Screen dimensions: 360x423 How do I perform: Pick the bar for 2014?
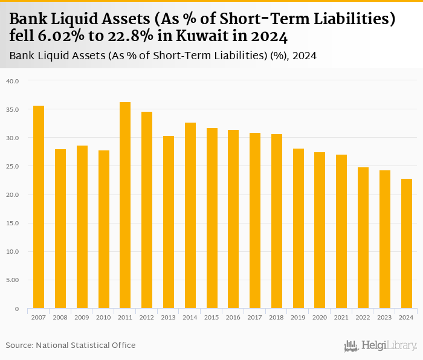click(x=190, y=216)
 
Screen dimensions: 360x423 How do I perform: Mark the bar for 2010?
click(x=103, y=230)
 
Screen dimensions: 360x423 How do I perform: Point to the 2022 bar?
click(x=363, y=238)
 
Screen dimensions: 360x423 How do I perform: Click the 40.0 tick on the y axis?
click(x=13, y=81)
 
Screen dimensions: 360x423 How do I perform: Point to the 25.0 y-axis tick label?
click(x=13, y=166)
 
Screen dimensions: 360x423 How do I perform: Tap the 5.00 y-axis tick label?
click(x=13, y=280)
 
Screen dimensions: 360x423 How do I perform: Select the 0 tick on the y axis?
click(x=17, y=309)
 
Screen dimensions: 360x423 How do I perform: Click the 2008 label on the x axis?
click(x=60, y=317)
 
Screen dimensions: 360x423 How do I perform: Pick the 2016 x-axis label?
click(x=233, y=317)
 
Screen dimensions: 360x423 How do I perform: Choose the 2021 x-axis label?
click(x=341, y=317)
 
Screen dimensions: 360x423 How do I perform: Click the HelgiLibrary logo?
click(x=380, y=346)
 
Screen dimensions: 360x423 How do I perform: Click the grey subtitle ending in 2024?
click(x=163, y=56)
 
